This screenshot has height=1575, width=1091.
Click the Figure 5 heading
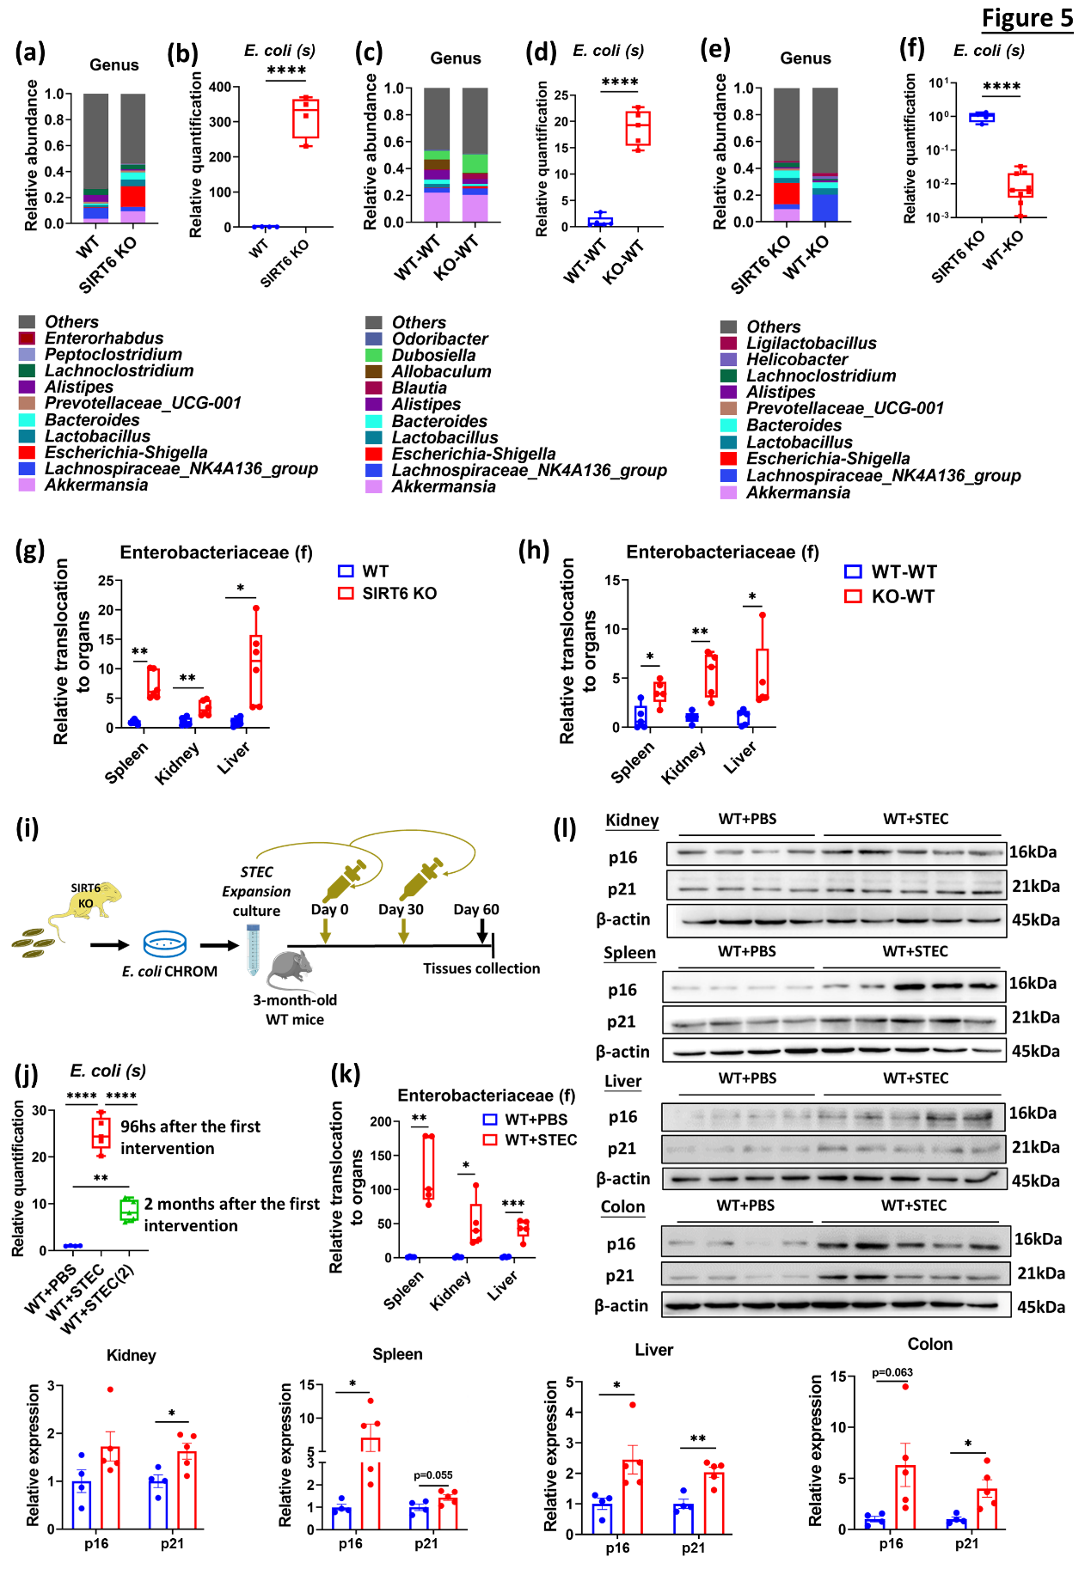pyautogui.click(x=1027, y=18)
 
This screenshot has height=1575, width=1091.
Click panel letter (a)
pyautogui.click(x=30, y=52)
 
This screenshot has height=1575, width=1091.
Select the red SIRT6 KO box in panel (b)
pyautogui.click(x=305, y=119)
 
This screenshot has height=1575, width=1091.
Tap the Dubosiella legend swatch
pyautogui.click(x=373, y=355)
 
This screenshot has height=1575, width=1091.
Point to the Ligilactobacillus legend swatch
pyautogui.click(x=728, y=343)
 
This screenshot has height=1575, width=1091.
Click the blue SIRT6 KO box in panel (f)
pyautogui.click(x=982, y=118)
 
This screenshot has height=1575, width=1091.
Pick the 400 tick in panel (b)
pyautogui.click(x=219, y=87)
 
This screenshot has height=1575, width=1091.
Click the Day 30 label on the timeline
pyautogui.click(x=401, y=909)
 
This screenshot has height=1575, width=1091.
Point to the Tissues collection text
pyautogui.click(x=481, y=968)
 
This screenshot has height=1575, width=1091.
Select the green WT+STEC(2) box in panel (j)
pyautogui.click(x=129, y=1210)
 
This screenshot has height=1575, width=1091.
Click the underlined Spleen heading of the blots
pyautogui.click(x=629, y=952)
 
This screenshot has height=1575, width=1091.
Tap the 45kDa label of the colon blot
pyautogui.click(x=1040, y=1307)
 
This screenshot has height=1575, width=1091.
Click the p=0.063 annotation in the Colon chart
pyautogui.click(x=892, y=1372)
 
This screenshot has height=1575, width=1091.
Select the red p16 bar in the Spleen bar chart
pyautogui.click(x=371, y=1482)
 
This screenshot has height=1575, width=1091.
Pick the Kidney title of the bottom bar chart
pyautogui.click(x=131, y=1355)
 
